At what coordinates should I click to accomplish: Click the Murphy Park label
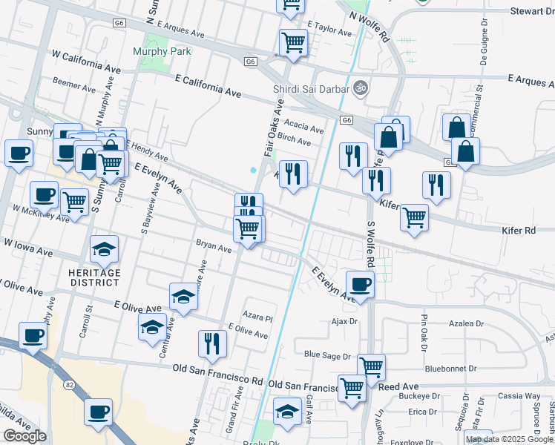coord(162,51)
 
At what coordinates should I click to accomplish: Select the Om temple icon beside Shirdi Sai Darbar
coord(361,87)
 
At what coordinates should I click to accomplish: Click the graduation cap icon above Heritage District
coord(105,248)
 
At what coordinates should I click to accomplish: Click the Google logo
coord(24,436)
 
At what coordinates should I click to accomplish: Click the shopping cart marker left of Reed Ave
coord(352,386)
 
